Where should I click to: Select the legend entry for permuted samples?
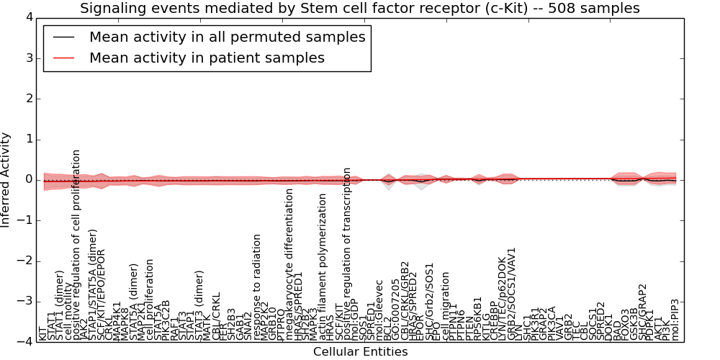(x=227, y=37)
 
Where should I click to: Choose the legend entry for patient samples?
(x=207, y=58)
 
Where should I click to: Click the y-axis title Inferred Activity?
(x=6, y=179)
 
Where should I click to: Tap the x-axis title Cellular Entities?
(x=360, y=352)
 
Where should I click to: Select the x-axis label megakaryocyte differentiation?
(x=290, y=264)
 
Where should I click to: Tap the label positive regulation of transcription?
(x=348, y=253)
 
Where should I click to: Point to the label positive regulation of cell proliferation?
(x=76, y=245)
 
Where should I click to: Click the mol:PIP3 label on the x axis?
(x=675, y=319)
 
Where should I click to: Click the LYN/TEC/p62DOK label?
(x=502, y=297)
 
